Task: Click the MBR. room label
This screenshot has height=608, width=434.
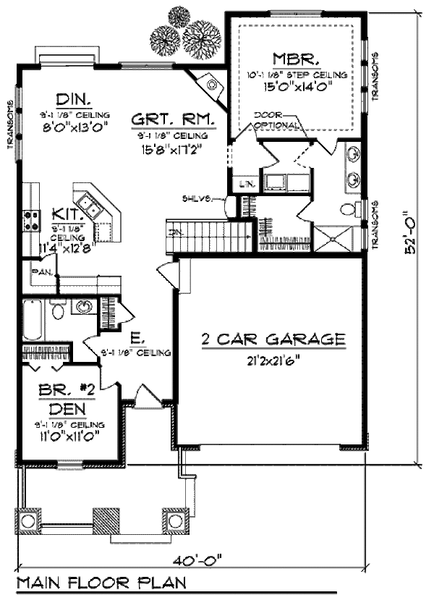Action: click(x=292, y=59)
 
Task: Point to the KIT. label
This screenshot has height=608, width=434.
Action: click(x=69, y=214)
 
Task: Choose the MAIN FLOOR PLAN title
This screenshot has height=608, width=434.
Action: click(x=101, y=583)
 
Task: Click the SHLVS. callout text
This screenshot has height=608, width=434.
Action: click(x=197, y=198)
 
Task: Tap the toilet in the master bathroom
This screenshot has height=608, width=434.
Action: click(x=349, y=210)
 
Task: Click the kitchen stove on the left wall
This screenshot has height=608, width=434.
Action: click(x=32, y=219)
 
